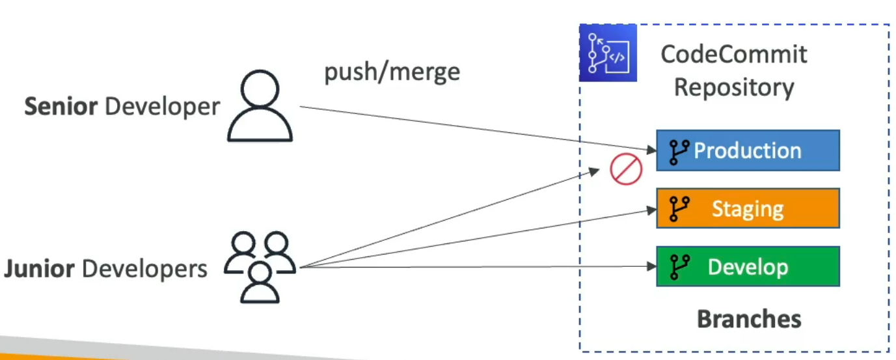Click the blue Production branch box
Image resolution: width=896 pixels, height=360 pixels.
[x=748, y=150]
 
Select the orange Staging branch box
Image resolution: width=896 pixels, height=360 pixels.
[x=748, y=208]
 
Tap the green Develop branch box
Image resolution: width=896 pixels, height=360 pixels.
[x=748, y=266]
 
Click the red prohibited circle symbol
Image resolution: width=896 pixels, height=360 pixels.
[x=626, y=170]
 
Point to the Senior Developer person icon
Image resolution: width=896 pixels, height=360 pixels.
[x=260, y=107]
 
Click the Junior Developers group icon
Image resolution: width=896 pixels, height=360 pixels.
[x=260, y=266]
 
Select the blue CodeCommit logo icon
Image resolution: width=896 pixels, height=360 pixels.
[x=608, y=53]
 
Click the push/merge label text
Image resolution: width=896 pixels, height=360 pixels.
[x=392, y=71]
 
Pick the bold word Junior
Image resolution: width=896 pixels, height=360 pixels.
[x=39, y=269]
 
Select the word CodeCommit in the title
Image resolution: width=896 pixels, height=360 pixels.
[x=733, y=54]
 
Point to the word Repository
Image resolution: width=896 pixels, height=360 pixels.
[x=733, y=87]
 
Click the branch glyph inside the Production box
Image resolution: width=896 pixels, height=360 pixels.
[x=679, y=151]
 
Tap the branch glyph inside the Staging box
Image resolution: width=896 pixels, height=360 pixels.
[x=679, y=209]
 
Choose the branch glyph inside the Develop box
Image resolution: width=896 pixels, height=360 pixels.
[x=679, y=267]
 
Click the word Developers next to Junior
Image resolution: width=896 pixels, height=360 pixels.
[x=146, y=269]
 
